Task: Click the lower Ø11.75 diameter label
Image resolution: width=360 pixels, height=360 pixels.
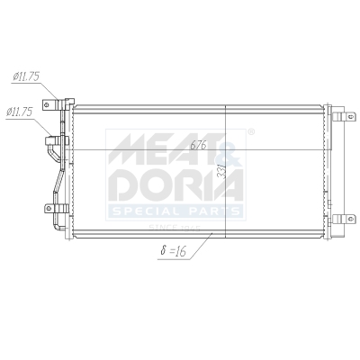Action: point(21,112)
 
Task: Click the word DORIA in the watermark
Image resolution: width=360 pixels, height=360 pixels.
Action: point(175,184)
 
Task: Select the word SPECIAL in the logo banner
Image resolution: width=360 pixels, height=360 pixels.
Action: point(144,211)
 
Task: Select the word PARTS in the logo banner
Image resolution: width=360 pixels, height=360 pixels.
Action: point(211,211)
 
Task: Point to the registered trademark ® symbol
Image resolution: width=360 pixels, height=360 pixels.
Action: point(250,132)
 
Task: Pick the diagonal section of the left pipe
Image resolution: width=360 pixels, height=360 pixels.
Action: point(58,184)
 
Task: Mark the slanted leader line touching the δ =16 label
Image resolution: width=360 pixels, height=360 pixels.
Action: point(200,244)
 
